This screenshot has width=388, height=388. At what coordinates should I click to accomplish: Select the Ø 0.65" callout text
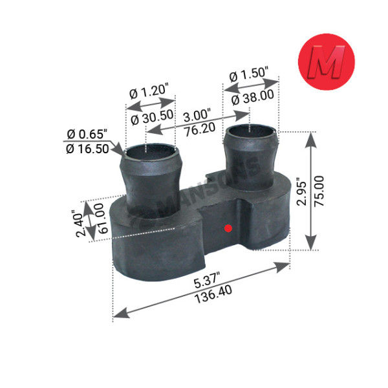coord(87,135)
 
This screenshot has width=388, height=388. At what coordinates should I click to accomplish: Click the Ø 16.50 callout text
coord(87,149)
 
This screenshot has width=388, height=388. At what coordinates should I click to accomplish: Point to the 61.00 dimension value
coord(100,219)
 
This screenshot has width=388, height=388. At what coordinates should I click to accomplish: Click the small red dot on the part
coord(226,228)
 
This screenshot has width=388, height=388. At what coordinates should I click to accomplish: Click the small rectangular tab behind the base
coord(213,175)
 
